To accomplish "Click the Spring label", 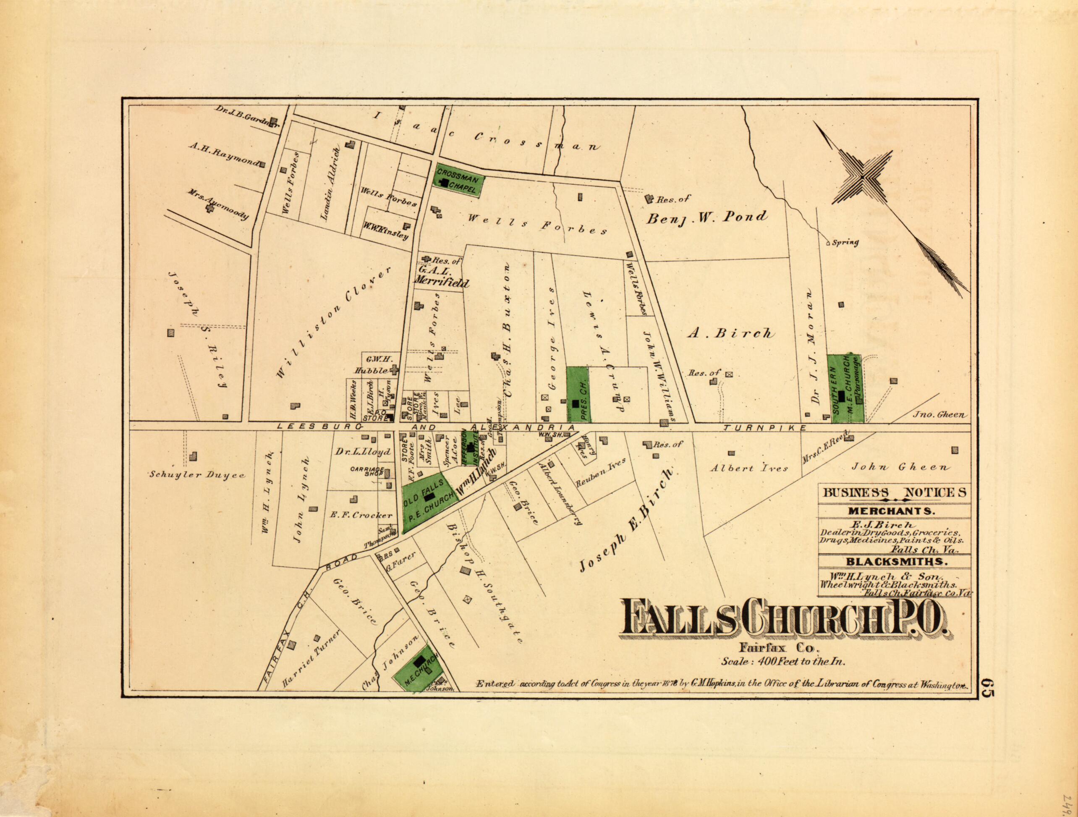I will pos(845,243).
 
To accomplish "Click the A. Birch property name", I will pos(730,334).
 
